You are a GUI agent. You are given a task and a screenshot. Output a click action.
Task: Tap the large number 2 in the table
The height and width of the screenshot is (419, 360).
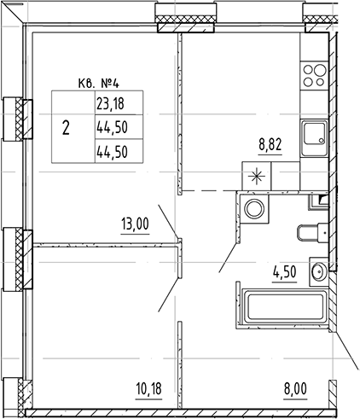coord(66,127)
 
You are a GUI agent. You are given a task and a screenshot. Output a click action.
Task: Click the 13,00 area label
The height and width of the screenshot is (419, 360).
coord(135,225)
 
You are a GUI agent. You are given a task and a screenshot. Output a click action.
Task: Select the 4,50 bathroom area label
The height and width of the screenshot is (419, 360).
coord(285,275)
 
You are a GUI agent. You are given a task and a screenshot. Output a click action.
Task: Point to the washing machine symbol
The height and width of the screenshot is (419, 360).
coord(253,209)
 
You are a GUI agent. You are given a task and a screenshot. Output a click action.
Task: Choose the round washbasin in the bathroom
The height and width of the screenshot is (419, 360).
coord(317,273)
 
